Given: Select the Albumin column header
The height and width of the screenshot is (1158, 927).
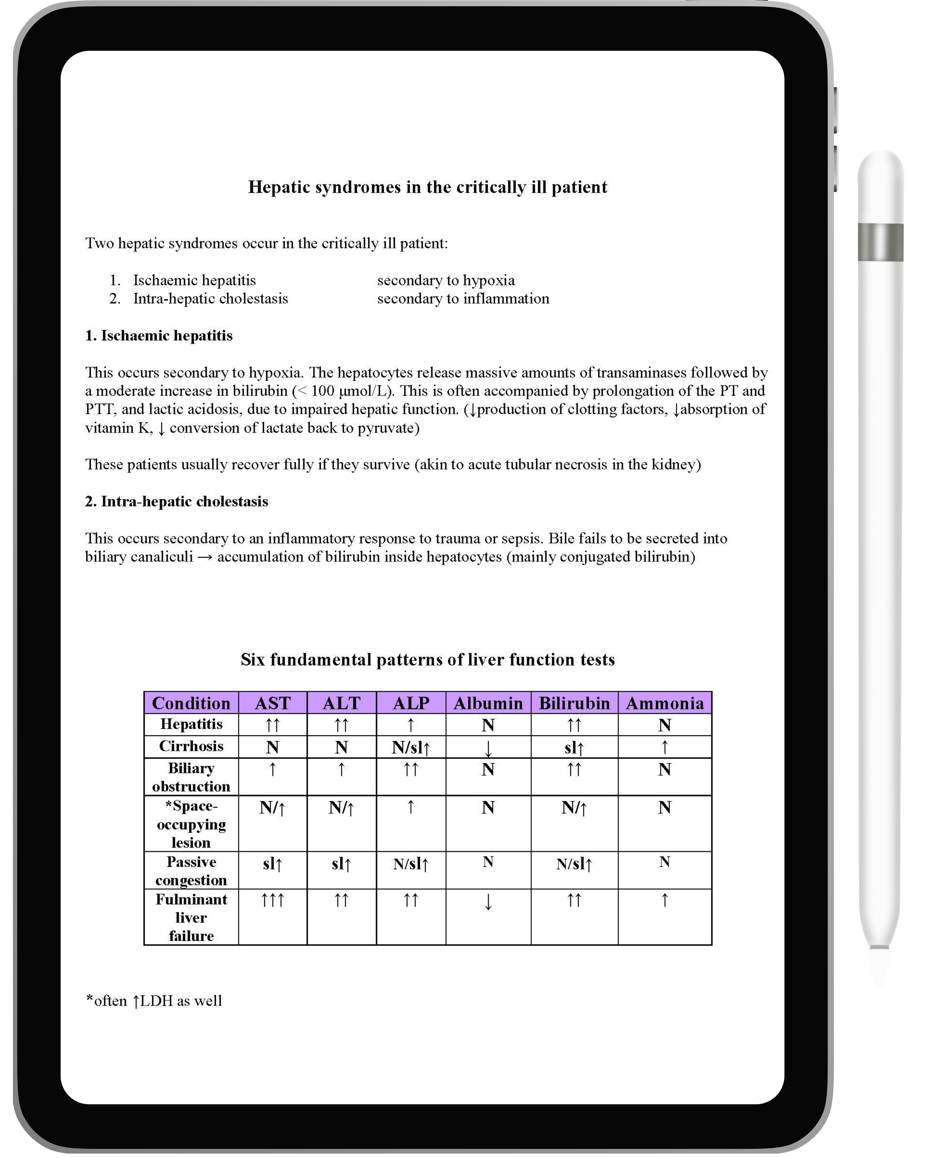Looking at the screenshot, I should click(488, 703).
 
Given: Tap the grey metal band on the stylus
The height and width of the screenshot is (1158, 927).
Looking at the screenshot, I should click(880, 242).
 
